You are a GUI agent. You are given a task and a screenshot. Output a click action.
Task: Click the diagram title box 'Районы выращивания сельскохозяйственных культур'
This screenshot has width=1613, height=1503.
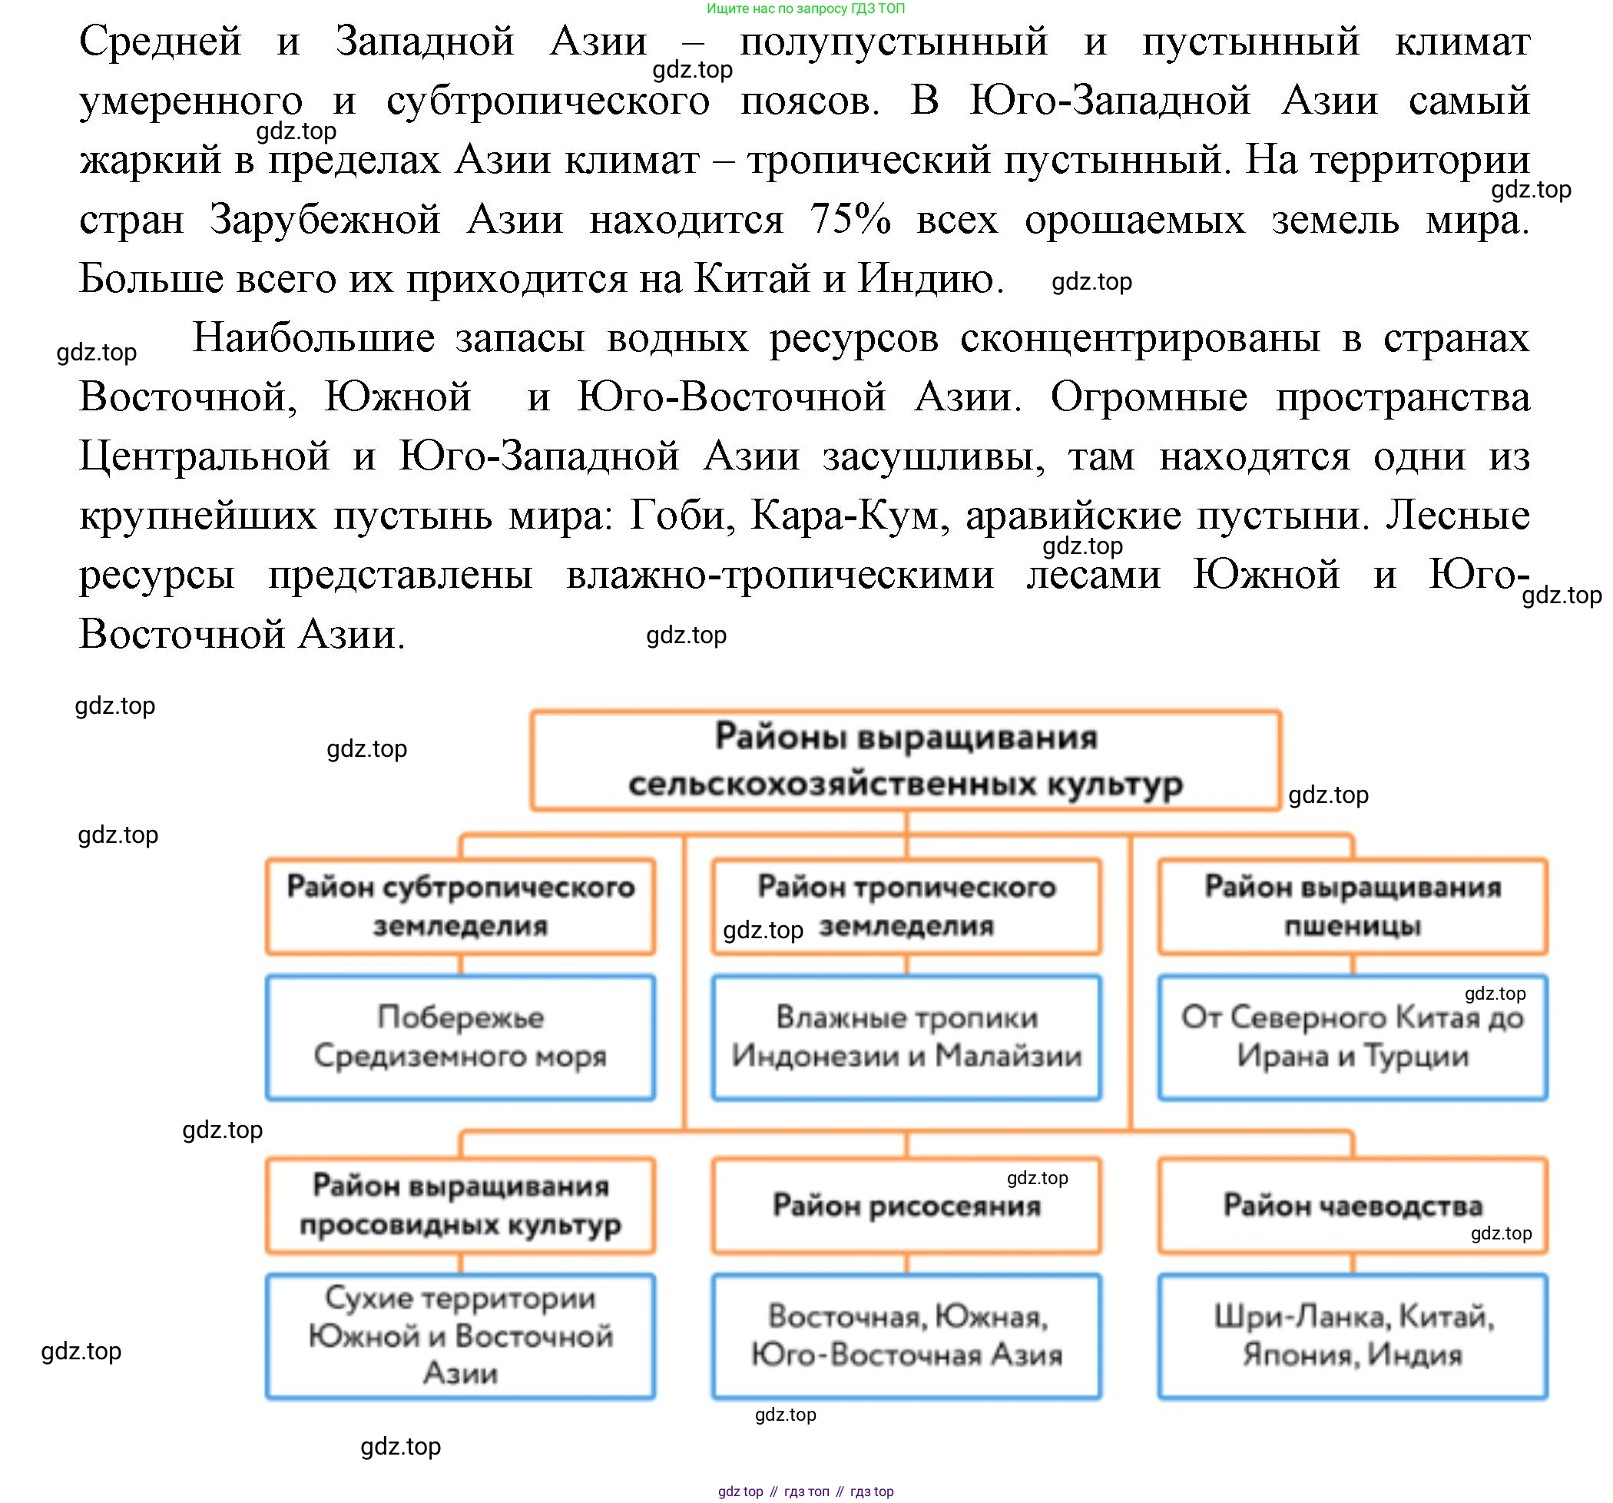[905, 761]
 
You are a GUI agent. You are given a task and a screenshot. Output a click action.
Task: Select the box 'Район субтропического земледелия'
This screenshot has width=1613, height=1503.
[460, 906]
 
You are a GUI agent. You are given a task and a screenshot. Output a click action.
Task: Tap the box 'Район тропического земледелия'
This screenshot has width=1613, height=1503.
[906, 906]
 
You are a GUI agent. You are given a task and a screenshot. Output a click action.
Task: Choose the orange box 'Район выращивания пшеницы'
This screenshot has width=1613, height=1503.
[1353, 906]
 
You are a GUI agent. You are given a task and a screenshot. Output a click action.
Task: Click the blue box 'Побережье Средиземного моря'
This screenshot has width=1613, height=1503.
[460, 1037]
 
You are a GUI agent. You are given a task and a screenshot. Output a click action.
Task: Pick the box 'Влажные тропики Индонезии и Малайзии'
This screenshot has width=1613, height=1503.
[906, 1037]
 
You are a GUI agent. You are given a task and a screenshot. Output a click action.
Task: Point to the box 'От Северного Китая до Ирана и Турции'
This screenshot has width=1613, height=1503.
[1353, 1037]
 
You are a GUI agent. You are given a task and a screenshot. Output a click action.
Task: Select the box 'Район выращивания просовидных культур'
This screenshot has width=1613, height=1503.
[460, 1205]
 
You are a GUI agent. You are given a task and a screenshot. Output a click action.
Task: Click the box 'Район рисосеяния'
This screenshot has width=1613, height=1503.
[906, 1206]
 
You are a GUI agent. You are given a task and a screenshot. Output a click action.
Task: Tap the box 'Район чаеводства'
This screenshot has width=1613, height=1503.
[1353, 1206]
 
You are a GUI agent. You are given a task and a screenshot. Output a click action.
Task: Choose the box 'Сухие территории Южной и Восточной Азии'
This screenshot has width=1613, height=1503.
[460, 1335]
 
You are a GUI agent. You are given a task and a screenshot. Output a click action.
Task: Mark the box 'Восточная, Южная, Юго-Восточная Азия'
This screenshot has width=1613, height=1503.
[906, 1335]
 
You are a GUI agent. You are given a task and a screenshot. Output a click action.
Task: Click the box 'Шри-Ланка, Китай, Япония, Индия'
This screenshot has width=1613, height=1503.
[1353, 1335]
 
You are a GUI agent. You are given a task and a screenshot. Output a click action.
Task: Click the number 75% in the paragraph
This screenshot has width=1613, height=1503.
[850, 219]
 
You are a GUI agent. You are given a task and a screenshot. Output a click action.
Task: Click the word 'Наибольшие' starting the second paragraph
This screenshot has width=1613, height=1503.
[313, 337]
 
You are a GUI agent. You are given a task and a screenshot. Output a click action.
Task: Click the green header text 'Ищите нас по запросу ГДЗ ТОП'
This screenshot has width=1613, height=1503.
[806, 8]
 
